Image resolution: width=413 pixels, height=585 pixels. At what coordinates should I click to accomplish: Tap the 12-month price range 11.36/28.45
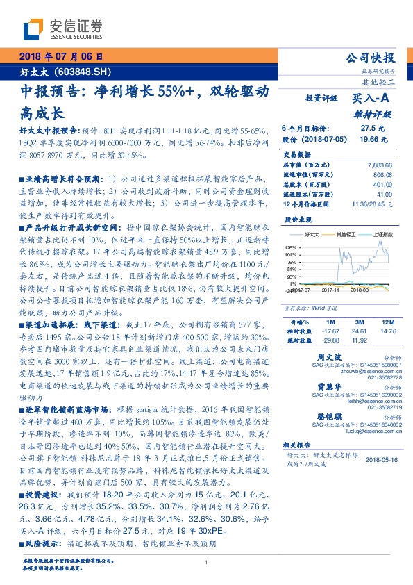(x=373, y=205)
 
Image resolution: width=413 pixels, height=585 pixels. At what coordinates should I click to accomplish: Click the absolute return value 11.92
(x=358, y=340)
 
